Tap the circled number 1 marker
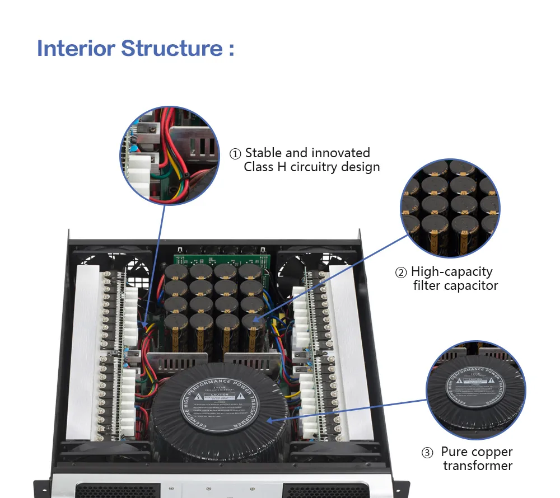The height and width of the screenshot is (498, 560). [236, 154]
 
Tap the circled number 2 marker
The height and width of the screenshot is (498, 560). [401, 273]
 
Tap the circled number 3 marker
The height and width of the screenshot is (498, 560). [428, 453]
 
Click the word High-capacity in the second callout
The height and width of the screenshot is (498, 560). [451, 272]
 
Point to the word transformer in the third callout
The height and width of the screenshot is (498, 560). [478, 466]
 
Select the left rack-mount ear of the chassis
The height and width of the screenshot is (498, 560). [41, 488]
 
